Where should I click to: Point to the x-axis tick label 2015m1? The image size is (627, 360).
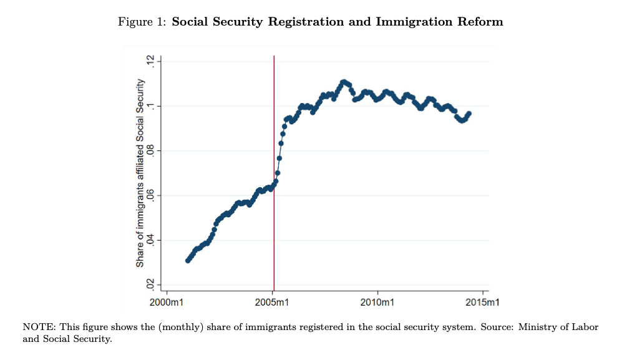(484, 303)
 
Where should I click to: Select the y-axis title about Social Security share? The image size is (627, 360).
(140, 173)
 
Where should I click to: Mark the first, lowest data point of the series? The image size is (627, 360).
(188, 260)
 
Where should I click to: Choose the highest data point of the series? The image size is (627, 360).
(344, 82)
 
